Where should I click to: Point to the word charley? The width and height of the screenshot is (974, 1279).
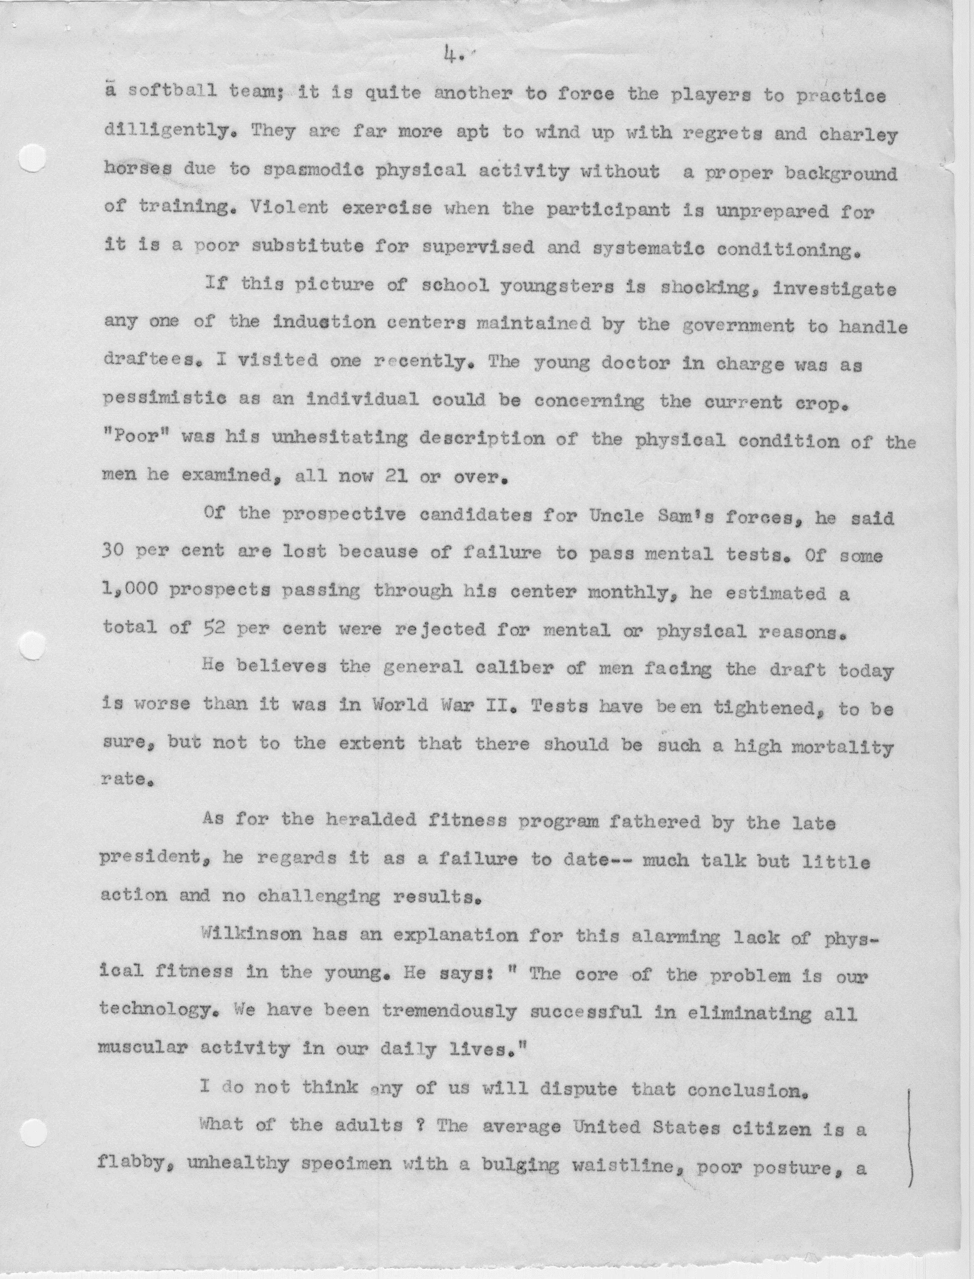coord(858,134)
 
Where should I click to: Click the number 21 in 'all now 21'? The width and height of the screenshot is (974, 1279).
coord(395,477)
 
